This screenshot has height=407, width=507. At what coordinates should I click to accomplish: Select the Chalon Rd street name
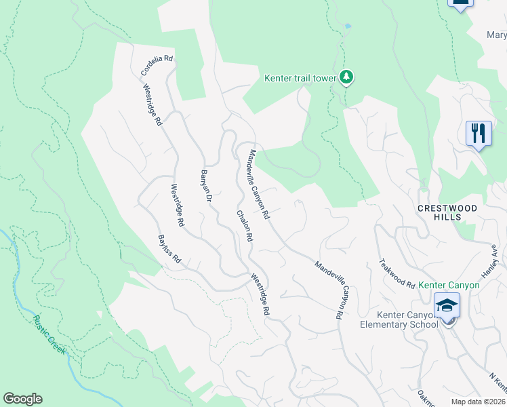coord(245,226)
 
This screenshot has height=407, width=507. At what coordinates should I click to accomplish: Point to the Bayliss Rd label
coord(169,250)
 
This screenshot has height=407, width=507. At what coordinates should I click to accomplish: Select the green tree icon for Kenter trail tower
coord(346,77)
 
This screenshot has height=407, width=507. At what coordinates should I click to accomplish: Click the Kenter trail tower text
coord(300,78)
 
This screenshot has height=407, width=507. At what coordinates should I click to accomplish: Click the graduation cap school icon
coord(447,306)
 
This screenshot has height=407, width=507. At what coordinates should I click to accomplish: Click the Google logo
coord(22,399)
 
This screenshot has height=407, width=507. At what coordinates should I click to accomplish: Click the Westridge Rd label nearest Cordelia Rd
coord(152,105)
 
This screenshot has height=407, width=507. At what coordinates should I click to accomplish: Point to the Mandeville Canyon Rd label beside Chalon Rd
coord(260,184)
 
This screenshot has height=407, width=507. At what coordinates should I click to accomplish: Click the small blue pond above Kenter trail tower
coord(348,26)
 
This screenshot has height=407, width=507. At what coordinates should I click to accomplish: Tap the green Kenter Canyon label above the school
coord(449,285)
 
